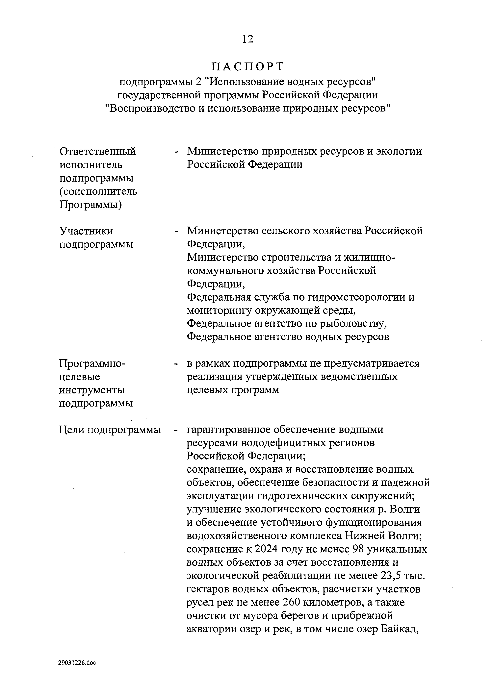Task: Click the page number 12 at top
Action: [x=248, y=39]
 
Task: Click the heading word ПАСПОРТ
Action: [x=248, y=66]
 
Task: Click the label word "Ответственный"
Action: [x=98, y=151]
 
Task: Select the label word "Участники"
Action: [x=86, y=231]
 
